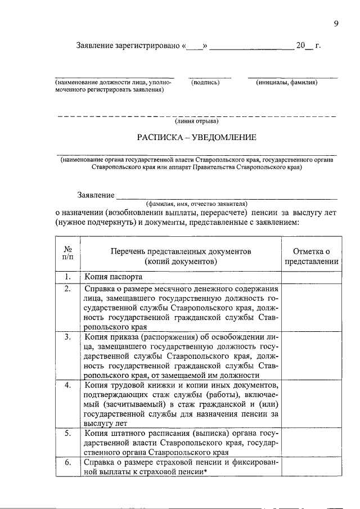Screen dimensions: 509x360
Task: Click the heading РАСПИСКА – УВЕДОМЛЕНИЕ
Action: click(197, 137)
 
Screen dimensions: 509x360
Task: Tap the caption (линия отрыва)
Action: click(196, 121)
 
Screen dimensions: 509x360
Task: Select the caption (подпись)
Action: click(205, 83)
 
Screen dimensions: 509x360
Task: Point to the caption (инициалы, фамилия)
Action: click(286, 83)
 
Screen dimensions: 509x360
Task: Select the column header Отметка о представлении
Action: click(311, 256)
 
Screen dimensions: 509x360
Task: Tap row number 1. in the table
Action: click(67, 277)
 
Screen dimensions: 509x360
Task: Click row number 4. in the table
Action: click(67, 385)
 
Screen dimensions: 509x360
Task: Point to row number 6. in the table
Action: click(67, 462)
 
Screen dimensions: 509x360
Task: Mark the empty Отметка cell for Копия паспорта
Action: click(311, 277)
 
